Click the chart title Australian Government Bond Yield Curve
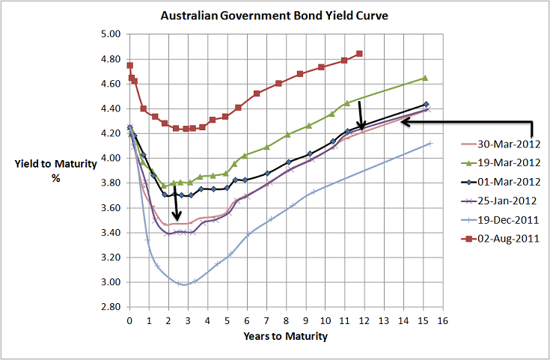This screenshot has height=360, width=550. pyautogui.click(x=275, y=16)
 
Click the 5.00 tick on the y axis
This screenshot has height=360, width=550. pyautogui.click(x=110, y=34)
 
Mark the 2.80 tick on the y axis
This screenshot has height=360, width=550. pyautogui.click(x=110, y=307)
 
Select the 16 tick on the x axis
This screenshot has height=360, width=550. pyautogui.click(x=443, y=320)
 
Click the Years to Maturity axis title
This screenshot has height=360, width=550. pyautogui.click(x=285, y=337)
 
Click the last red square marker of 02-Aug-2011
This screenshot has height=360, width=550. pyautogui.click(x=360, y=54)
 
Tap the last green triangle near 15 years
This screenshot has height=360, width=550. pyautogui.click(x=425, y=78)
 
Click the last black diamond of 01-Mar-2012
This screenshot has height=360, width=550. pyautogui.click(x=426, y=105)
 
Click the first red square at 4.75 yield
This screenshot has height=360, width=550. pyautogui.click(x=130, y=65)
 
